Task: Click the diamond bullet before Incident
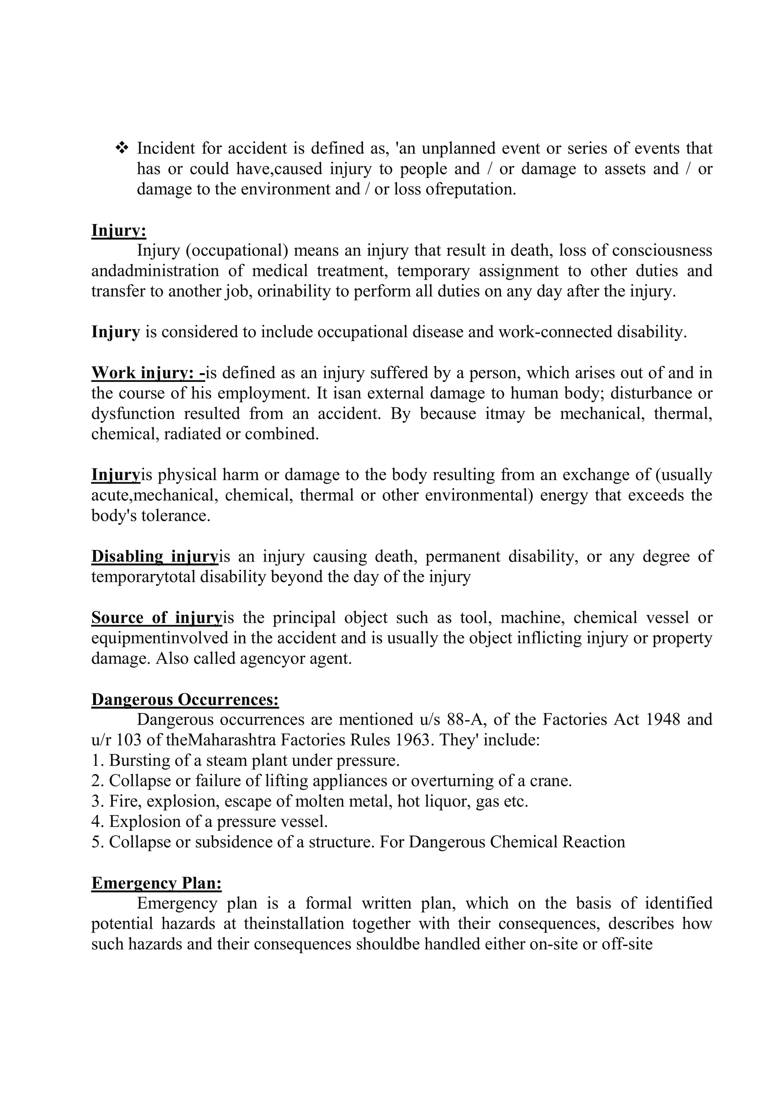[x=122, y=148]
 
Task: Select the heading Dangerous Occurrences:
[x=185, y=699]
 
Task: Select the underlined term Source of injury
[x=157, y=618]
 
